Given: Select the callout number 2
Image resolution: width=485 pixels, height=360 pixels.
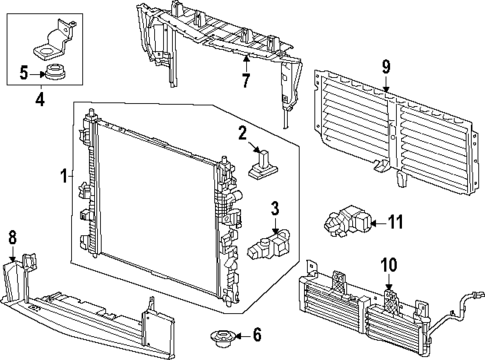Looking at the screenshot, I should (x=242, y=134).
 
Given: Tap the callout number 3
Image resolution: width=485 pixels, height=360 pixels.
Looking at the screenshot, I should (x=244, y=208).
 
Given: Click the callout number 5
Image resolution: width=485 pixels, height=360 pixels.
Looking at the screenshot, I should (x=24, y=72).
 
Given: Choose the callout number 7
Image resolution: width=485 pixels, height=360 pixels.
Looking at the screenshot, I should (x=246, y=77).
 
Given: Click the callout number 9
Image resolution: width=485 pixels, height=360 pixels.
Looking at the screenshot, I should (x=384, y=68).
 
